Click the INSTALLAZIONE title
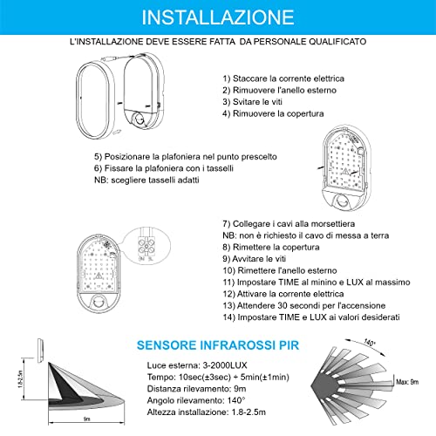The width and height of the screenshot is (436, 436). pyautogui.click(x=217, y=17)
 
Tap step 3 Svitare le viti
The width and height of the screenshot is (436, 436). pyautogui.click(x=255, y=101)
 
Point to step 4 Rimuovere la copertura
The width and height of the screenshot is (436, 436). pyautogui.click(x=273, y=113)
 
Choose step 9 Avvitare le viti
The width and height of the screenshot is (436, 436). pyautogui.click(x=256, y=259)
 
